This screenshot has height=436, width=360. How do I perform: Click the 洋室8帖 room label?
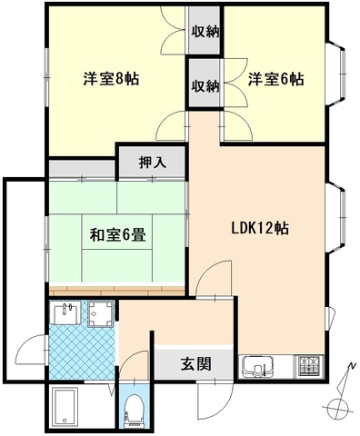click(112, 79)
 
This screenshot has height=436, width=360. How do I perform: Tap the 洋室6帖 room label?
click(276, 79)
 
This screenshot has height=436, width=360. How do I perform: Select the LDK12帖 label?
click(260, 228)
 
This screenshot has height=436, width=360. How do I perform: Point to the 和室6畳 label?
click(118, 234)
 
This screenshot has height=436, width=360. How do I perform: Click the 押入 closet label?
click(153, 163)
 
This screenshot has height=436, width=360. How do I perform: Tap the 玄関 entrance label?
click(195, 363)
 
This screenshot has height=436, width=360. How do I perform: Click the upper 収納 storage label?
click(206, 31)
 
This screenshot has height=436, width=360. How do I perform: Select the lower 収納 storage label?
click(205, 86)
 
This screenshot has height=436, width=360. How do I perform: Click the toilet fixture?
click(134, 411)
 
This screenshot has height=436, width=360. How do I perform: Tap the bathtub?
click(65, 407)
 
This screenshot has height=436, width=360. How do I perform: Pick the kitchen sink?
click(257, 367)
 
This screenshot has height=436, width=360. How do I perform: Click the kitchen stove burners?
click(309, 366)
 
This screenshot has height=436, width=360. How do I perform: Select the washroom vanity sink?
click(65, 312)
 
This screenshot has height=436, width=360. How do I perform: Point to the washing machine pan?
click(101, 314)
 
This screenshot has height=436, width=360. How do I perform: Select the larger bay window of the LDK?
click(336, 218)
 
